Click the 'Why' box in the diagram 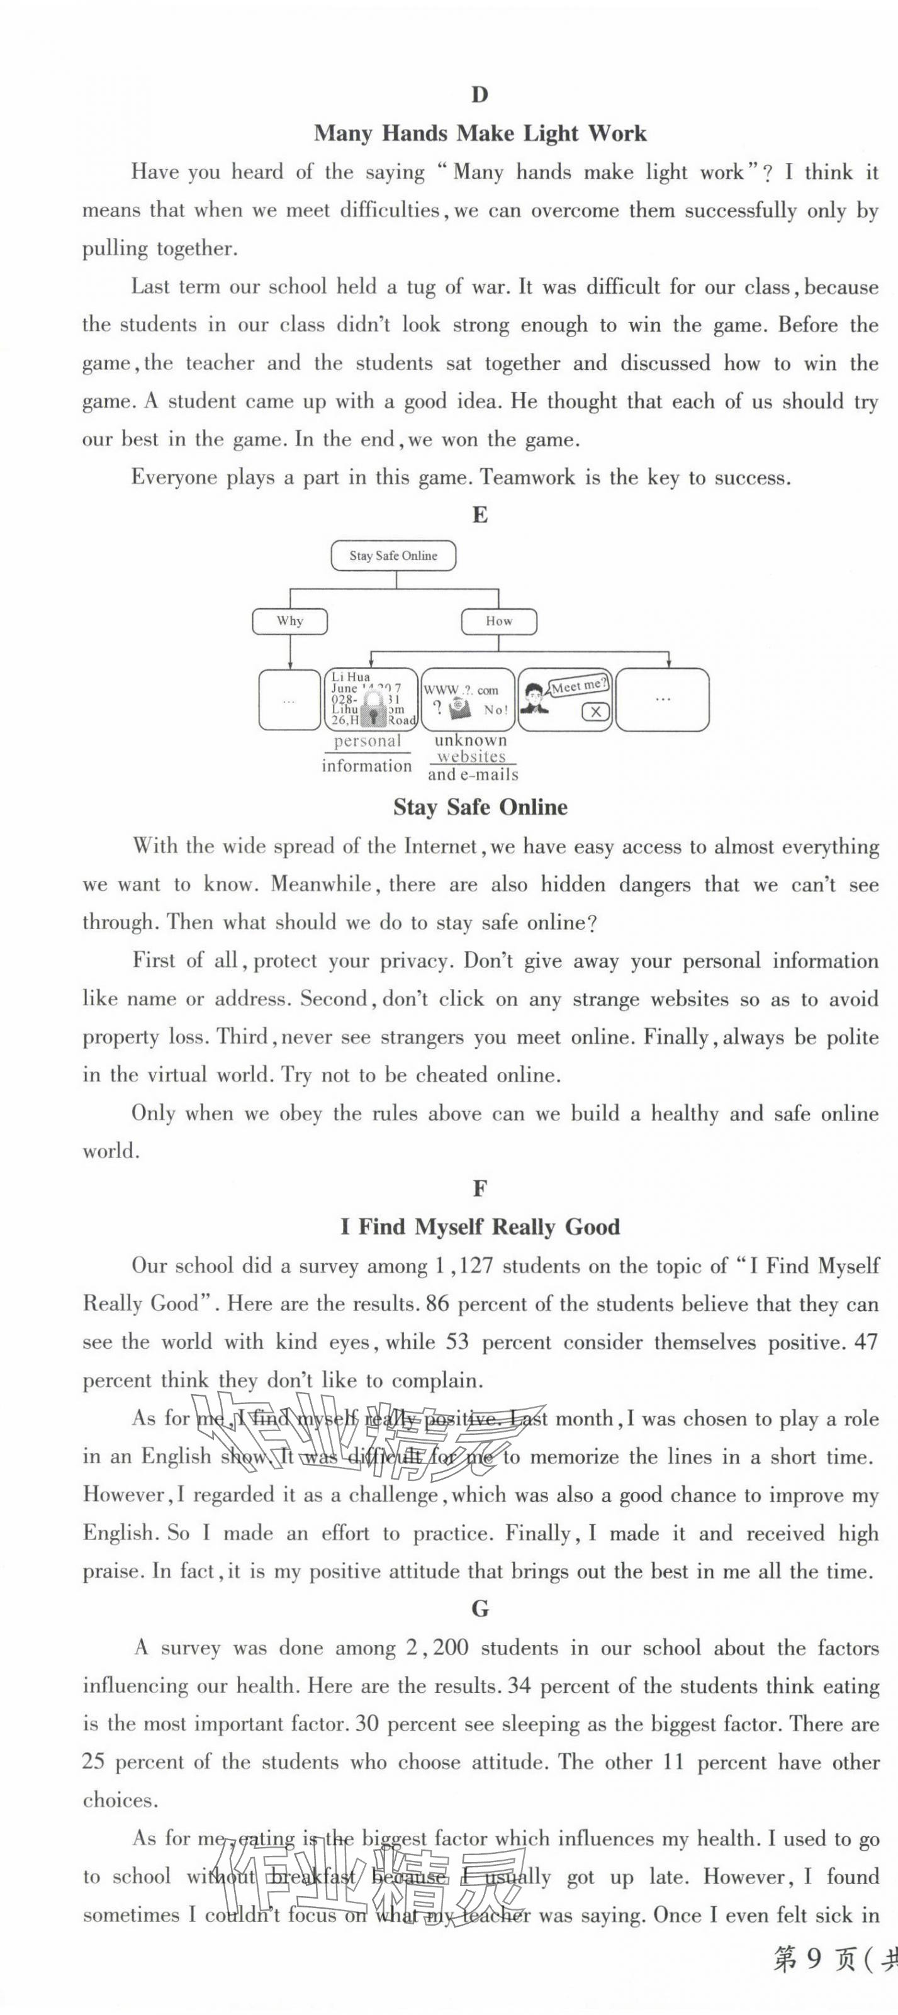[289, 621]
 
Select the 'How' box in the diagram [498, 621]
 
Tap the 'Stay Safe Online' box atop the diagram [393, 555]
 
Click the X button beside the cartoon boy [596, 711]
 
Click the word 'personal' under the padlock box [367, 741]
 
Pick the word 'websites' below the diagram [472, 756]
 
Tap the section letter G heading [480, 1609]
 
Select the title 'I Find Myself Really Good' [480, 1227]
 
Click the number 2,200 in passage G [437, 1648]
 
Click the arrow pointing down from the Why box [289, 654]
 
